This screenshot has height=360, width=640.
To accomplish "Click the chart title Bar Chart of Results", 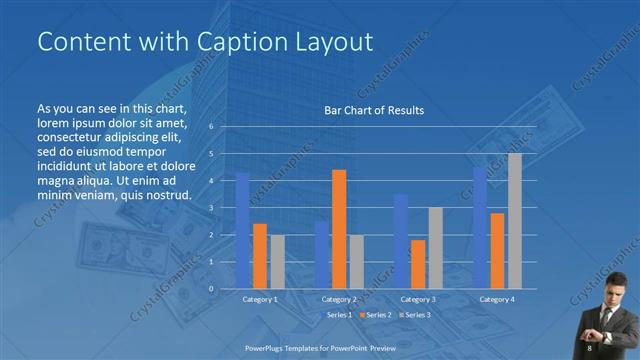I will (x=374, y=110).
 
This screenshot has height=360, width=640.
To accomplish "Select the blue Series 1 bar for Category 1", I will (x=242, y=231).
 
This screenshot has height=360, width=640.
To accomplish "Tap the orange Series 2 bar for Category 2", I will (x=339, y=229).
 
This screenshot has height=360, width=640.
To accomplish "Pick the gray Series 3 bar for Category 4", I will (x=514, y=221).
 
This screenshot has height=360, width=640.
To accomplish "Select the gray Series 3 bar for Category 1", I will (x=277, y=262).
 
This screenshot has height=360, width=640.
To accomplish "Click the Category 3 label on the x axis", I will (x=418, y=299).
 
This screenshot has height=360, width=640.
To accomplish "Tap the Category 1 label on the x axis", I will (x=260, y=299).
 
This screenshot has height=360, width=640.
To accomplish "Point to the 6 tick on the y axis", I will (x=211, y=127).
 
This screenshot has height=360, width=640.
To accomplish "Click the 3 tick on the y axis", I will (x=211, y=208).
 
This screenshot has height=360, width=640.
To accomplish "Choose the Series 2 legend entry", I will (x=376, y=315).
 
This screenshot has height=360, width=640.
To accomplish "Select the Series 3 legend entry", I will (x=416, y=315).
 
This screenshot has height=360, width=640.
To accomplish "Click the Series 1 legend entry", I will (x=336, y=315).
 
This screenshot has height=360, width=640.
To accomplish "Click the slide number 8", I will (x=590, y=347).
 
